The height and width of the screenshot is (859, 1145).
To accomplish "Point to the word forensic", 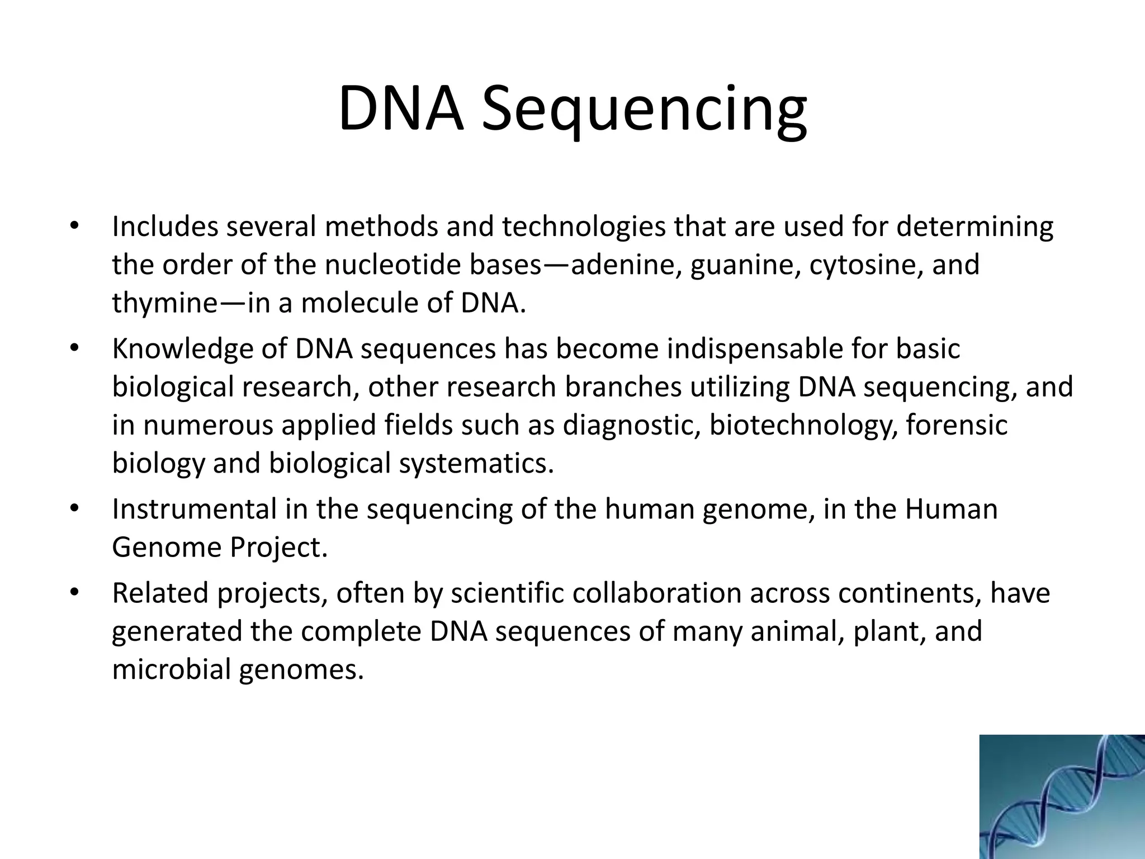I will pos(956,426).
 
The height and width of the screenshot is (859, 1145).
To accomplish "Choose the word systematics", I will pos(476,464).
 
